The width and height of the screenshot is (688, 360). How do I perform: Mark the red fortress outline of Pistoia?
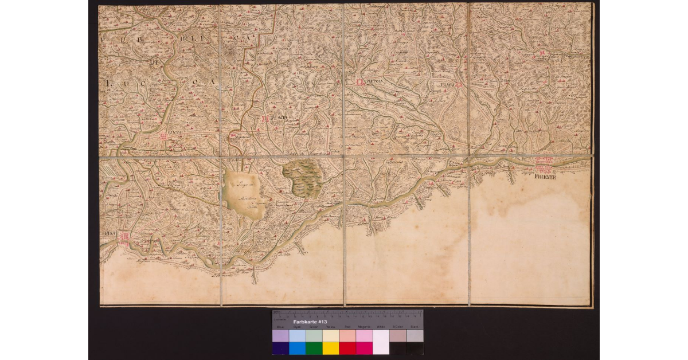359,82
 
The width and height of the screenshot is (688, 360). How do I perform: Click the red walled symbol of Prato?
459,85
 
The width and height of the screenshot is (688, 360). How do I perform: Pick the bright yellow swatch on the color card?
331,348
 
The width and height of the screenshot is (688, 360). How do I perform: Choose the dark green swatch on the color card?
314,348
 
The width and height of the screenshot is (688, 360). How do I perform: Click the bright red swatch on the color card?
347,348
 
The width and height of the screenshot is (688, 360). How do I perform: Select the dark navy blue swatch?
280,348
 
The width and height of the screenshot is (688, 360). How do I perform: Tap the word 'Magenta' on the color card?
364,326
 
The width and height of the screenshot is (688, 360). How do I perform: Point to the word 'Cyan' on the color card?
297,326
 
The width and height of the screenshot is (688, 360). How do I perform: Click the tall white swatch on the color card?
381,342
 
